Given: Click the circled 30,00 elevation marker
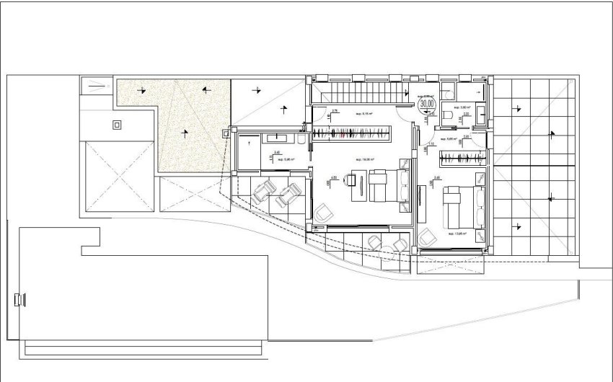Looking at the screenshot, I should tap(428, 103).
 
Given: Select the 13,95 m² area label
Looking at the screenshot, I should tap(456, 234).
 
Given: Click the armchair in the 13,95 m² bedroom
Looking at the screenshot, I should tap(429, 236).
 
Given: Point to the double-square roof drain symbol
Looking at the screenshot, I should tap(117, 125).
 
